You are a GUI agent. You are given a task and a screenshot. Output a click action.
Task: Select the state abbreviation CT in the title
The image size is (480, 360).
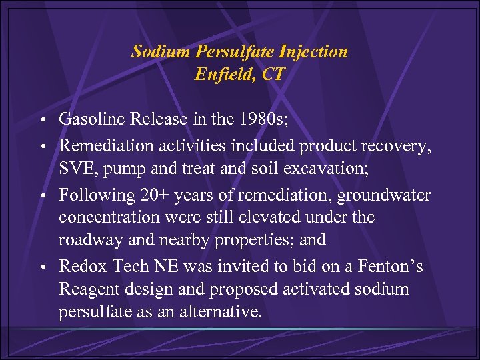pos(272,74)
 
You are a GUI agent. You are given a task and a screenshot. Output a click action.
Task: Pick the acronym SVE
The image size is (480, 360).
pos(75,169)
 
